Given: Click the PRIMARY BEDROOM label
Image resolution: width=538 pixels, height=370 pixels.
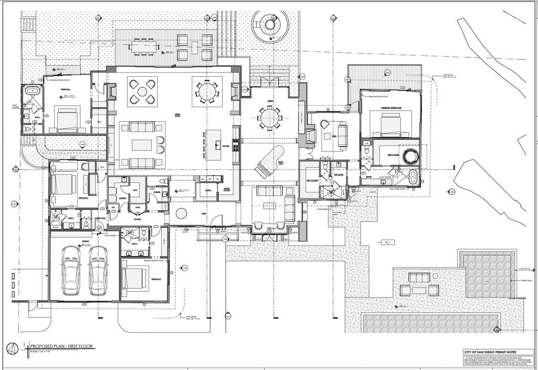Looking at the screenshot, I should coord(391,108).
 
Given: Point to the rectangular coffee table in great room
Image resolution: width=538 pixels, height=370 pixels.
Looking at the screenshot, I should coord(142,145).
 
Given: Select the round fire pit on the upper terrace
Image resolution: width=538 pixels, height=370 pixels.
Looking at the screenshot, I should coord(270,23).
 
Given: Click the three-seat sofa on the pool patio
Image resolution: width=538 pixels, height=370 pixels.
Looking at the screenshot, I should coord(419,290).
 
